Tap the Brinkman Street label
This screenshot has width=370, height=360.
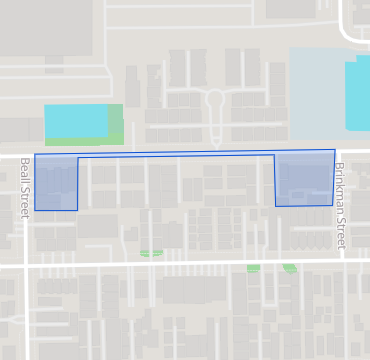340,206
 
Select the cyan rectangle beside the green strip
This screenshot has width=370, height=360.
76,121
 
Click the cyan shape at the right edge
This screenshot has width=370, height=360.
358,94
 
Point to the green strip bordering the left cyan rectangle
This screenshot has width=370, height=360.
116,124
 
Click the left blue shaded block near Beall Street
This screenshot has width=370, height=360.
56,183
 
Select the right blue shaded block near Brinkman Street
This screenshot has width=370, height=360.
304,179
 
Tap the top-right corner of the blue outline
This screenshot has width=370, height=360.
335,150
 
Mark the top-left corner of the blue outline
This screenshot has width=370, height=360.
35,155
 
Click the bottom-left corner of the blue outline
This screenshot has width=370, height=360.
35,210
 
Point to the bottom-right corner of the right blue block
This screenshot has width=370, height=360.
333,205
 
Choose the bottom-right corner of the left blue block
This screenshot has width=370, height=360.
78,210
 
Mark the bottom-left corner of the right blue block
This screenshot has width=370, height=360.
276,206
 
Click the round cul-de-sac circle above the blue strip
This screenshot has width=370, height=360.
214,99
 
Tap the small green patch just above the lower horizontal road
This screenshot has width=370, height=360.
151,253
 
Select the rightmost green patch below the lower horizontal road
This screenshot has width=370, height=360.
290,267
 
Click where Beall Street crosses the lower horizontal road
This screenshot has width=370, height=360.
25,267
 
